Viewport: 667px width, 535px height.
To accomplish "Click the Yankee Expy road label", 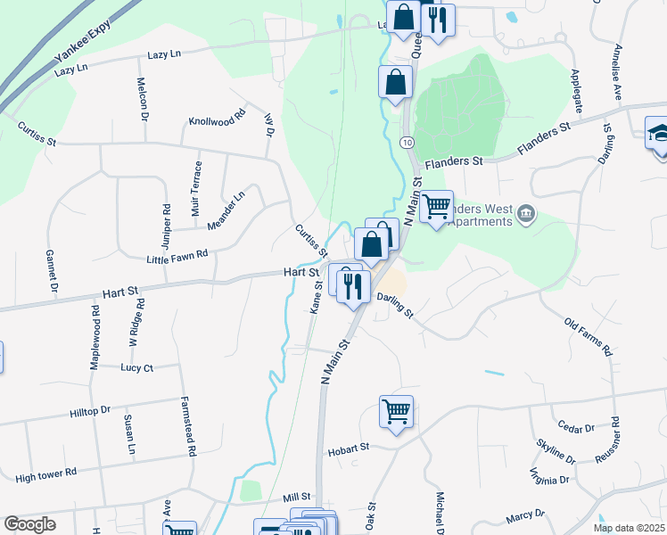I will (x=76, y=49).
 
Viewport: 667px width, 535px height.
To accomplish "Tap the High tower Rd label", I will (x=46, y=477).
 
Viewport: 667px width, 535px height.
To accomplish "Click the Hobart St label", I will (x=348, y=449).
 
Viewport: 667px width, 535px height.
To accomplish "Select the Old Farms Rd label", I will (x=589, y=336).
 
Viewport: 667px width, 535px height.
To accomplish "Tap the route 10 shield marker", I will (x=407, y=143).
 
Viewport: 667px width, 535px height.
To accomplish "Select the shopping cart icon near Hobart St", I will (x=396, y=412).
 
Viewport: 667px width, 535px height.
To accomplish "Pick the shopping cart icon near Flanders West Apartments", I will (x=436, y=207).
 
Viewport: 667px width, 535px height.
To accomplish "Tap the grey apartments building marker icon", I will (x=526, y=213).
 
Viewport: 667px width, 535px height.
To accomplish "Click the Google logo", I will (x=29, y=524).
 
